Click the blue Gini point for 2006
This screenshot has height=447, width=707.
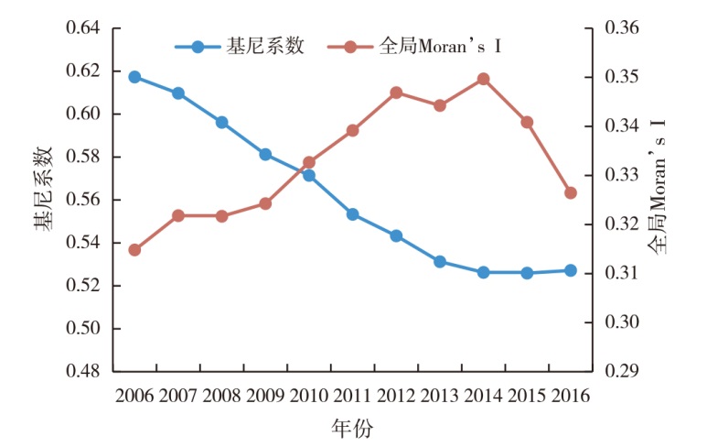click(x=134, y=77)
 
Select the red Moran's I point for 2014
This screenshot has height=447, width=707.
click(x=483, y=79)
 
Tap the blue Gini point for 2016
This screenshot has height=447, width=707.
click(x=570, y=270)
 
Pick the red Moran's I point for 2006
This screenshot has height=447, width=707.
click(x=134, y=250)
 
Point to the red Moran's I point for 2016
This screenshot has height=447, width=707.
click(x=570, y=193)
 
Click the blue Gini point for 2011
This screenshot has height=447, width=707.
click(x=352, y=214)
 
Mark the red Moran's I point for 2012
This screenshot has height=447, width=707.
click(x=396, y=93)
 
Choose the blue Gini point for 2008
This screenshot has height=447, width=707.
click(x=221, y=122)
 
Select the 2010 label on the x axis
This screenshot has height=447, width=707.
click(x=309, y=397)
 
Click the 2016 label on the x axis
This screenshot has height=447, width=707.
click(x=570, y=397)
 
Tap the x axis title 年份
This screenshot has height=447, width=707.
click(x=352, y=428)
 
